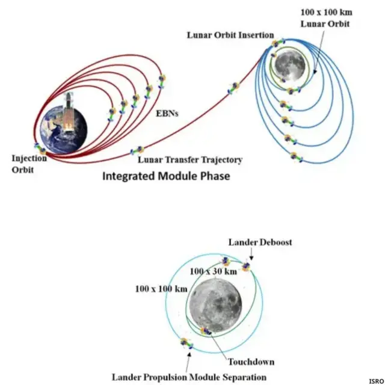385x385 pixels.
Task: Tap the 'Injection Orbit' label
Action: [28, 164]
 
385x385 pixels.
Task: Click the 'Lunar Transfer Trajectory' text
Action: [190, 160]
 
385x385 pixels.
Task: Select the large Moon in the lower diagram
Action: [215, 304]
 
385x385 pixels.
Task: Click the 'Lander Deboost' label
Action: [260, 242]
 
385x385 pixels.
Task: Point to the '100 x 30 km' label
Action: [214, 271]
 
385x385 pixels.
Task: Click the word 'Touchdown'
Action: [251, 362]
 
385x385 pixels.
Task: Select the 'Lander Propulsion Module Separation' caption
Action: [188, 377]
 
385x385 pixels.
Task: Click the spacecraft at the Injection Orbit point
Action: [40, 149]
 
